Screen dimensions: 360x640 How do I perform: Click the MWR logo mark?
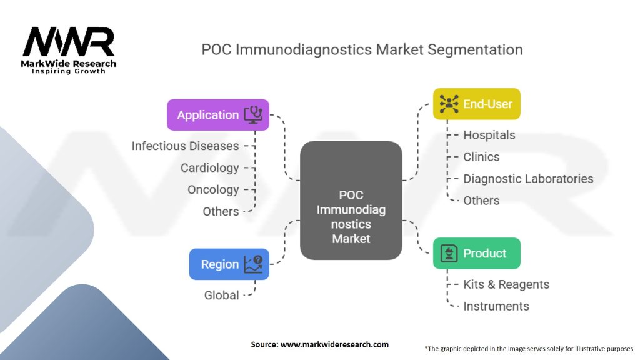pyautogui.click(x=69, y=42)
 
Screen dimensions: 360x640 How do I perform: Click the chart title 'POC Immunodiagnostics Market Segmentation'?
pyautogui.click(x=362, y=49)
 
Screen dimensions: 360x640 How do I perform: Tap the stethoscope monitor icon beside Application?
pyautogui.click(x=253, y=114)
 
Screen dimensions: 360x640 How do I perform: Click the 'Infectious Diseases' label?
pyautogui.click(x=185, y=146)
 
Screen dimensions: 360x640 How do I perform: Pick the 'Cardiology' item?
pyautogui.click(x=209, y=167)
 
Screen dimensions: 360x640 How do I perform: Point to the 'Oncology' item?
pyautogui.click(x=213, y=189)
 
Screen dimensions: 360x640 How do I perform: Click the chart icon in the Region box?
pyautogui.click(x=253, y=264)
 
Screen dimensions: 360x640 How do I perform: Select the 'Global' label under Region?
pyautogui.click(x=221, y=295)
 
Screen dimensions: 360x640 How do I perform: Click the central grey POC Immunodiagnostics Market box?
pyautogui.click(x=351, y=200)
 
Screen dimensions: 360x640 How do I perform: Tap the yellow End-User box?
pyautogui.click(x=476, y=104)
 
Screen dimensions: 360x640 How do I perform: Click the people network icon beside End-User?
pyautogui.click(x=449, y=104)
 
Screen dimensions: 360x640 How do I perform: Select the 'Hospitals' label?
pyautogui.click(x=489, y=135)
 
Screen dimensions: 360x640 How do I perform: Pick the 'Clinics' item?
pyautogui.click(x=481, y=157)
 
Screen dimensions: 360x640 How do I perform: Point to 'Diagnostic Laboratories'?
pyautogui.click(x=528, y=179)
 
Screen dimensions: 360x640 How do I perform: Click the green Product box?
pyautogui.click(x=476, y=253)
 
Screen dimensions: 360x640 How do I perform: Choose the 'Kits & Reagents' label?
pyautogui.click(x=506, y=284)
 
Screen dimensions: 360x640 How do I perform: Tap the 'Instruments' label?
pyautogui.click(x=496, y=306)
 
